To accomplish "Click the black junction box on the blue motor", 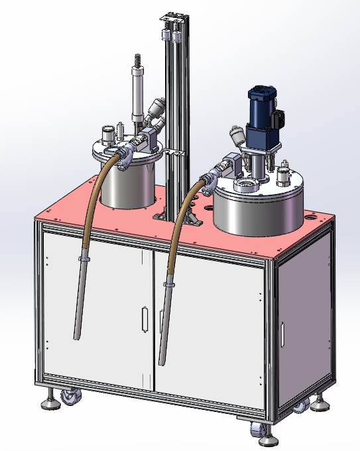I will click(279, 119).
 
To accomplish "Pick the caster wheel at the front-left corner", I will click(70, 398).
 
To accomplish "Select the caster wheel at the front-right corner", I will click(255, 430).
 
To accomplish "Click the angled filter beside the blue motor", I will click(236, 135).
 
